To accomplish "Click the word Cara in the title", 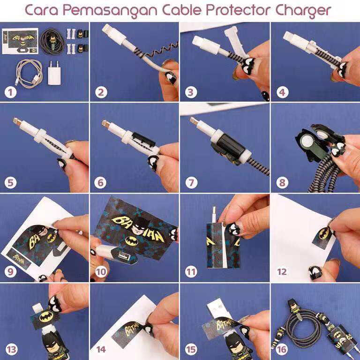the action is pos(41,10).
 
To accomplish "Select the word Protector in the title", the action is pos(237,10).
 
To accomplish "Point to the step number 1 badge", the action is pos(10,92).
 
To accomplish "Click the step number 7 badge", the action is pos(191,183).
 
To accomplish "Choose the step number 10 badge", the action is pos(101,272).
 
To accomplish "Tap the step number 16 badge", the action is pos(282,349).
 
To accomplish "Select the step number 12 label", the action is pos(282,272).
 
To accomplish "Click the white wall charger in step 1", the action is pos(54,73).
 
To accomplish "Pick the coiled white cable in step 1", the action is pos(29,73).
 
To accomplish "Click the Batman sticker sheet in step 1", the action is pos(20,41).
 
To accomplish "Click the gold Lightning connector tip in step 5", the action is pos(16,121).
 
